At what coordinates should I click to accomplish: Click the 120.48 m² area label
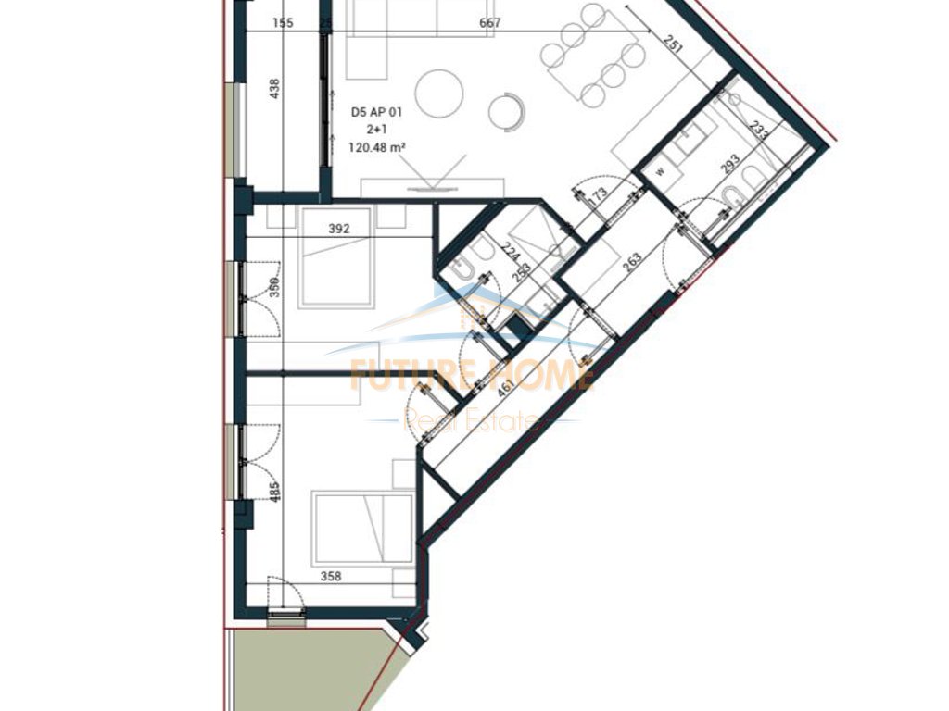pos(379,146)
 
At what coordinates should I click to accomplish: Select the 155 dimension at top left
pos(284,23)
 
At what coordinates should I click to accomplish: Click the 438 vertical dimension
pos(273,89)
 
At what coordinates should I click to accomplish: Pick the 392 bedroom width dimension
pos(339,229)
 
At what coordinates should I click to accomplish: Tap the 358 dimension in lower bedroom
pos(331,577)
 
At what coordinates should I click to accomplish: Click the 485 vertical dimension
pos(274,490)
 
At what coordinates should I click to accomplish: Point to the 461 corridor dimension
pos(506,387)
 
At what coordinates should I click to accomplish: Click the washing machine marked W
pos(661,171)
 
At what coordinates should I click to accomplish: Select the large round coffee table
pos(438,92)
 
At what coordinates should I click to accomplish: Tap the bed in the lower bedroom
pos(362,529)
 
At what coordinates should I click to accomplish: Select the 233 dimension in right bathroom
pos(759,131)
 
